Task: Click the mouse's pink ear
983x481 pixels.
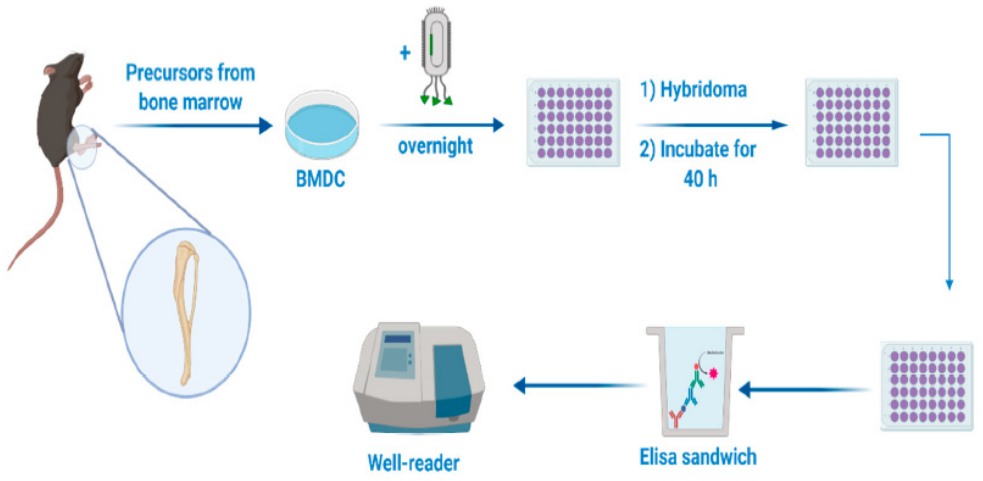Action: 51,70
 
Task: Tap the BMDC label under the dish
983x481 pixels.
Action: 320,179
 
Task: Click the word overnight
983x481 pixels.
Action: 435,146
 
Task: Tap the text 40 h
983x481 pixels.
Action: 700,179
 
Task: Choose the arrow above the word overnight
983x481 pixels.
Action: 443,125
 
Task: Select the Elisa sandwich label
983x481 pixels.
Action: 698,457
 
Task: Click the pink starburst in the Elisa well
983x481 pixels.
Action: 713,373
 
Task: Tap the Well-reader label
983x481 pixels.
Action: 413,463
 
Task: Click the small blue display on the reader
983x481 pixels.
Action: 398,339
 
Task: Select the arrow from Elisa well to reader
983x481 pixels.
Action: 576,385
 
